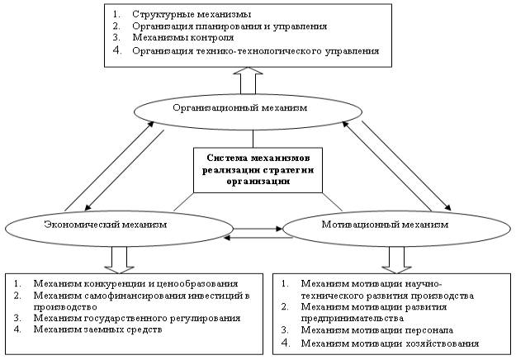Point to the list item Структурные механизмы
[x=192, y=14]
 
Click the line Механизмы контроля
[x=183, y=37]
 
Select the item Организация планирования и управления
[x=230, y=26]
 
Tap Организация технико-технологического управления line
[x=256, y=51]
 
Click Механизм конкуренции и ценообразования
[x=135, y=283]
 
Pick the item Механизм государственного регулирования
[x=137, y=318]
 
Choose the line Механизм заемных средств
[x=97, y=329]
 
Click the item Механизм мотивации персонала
[x=377, y=329]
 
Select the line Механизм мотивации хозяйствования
[x=390, y=343]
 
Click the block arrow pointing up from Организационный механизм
[x=248, y=80]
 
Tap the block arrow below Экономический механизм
[x=119, y=260]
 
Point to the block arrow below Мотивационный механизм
[x=397, y=260]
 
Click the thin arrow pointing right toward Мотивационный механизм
[x=258, y=229]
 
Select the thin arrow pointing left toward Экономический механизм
[x=258, y=237]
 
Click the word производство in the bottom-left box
[x=65, y=306]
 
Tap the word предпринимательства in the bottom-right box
[x=352, y=318]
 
